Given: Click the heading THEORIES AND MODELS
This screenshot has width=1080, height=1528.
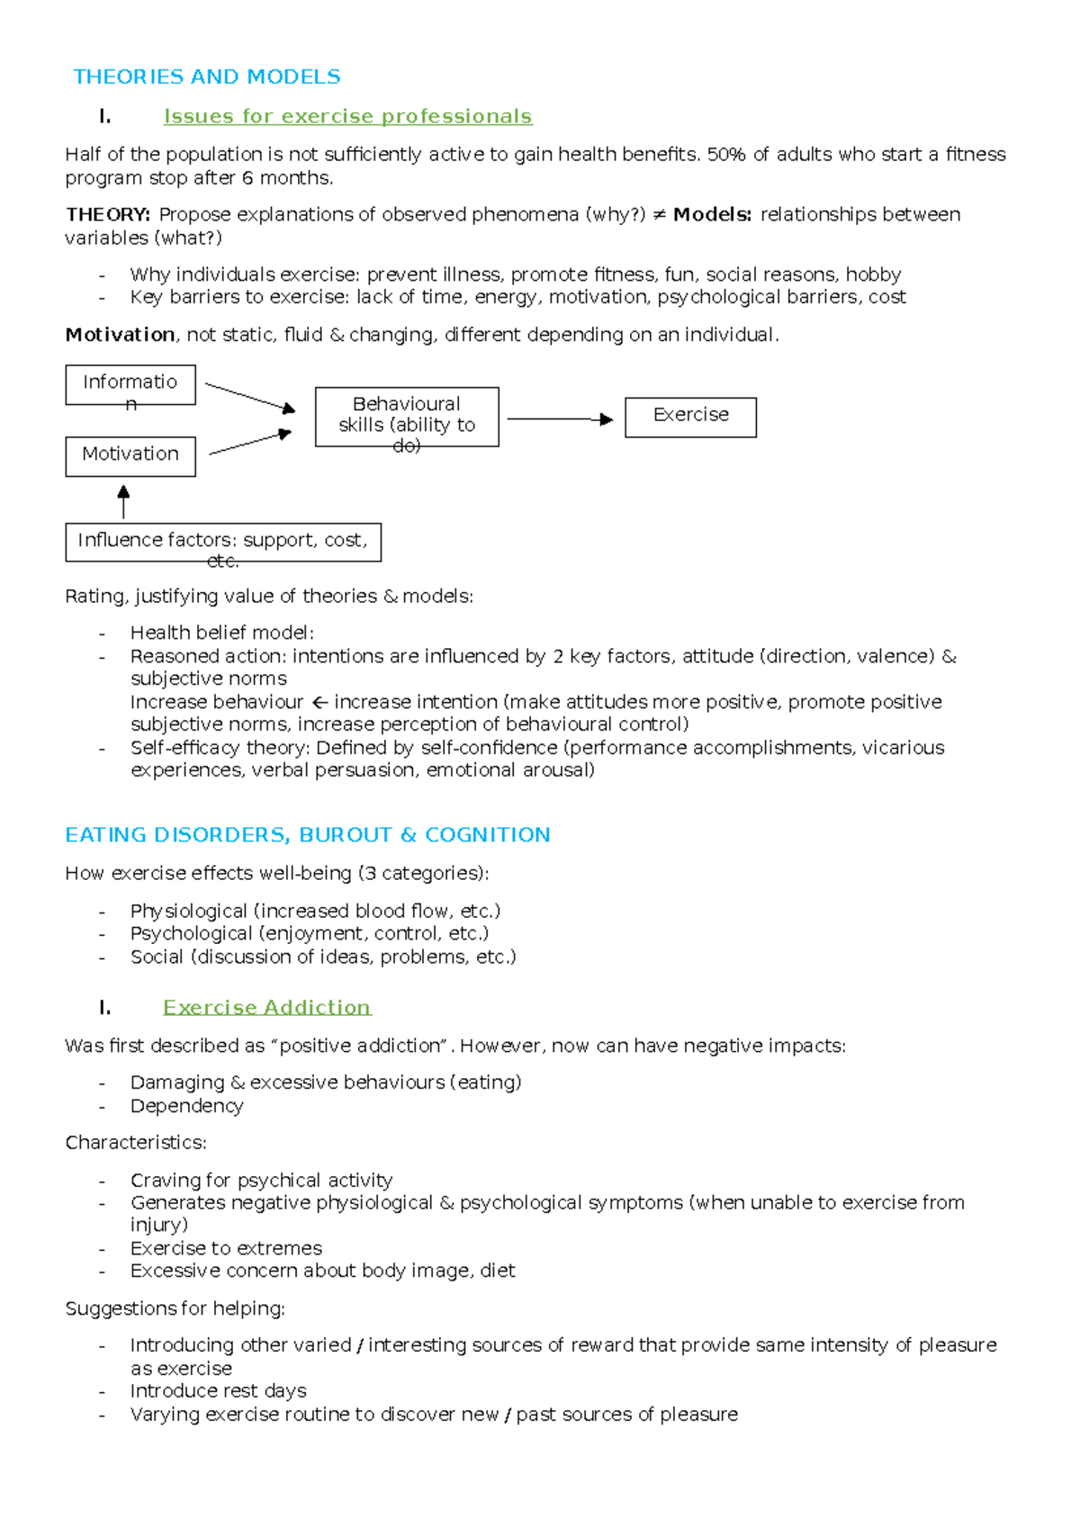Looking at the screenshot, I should tap(206, 76).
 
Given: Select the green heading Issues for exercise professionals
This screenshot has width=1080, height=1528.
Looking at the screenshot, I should tap(347, 116).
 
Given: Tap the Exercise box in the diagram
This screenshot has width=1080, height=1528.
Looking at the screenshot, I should tap(690, 417).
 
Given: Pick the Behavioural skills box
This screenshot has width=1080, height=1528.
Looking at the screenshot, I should tap(407, 417).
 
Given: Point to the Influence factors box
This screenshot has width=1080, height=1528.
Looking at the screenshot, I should tap(222, 542).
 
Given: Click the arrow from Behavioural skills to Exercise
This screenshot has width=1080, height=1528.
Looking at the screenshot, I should tap(560, 418).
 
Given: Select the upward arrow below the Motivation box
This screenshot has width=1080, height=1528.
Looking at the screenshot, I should tap(123, 501).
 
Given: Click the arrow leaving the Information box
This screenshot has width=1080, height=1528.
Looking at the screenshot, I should tap(249, 397).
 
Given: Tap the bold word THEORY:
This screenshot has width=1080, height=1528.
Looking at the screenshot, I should tap(108, 214).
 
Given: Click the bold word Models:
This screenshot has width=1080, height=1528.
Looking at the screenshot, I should tap(712, 214).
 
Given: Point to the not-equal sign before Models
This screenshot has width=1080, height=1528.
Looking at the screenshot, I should tap(659, 215).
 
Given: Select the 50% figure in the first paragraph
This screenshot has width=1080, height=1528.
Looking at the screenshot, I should tap(726, 155).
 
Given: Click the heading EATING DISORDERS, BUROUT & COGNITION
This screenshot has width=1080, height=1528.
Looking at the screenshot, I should tap(307, 835).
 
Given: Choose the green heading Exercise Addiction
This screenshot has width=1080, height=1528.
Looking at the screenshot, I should tap(266, 1007).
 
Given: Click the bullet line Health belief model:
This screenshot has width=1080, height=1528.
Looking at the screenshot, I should tap(221, 633).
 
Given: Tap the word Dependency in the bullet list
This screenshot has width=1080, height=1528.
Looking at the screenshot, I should tap(186, 1106).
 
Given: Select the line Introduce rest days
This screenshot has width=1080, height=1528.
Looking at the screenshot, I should tap(218, 1391).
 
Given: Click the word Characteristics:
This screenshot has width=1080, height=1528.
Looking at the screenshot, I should tap(136, 1143).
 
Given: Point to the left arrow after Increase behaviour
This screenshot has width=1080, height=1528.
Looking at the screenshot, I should tap(319, 702).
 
